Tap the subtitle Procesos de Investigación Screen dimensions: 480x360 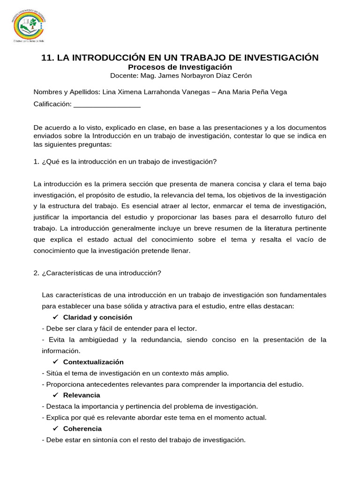coord(180,67)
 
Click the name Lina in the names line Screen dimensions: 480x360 coord(109,92)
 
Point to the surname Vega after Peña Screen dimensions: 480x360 coord(278,92)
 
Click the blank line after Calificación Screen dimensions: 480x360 coord(107,104)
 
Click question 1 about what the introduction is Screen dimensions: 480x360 coord(125,162)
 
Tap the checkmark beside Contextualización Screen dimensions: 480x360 coord(55,362)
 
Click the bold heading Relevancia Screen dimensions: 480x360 coord(81,395)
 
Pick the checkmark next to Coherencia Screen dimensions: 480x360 coord(55,428)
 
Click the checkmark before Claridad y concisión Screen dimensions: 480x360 coord(55,317)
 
